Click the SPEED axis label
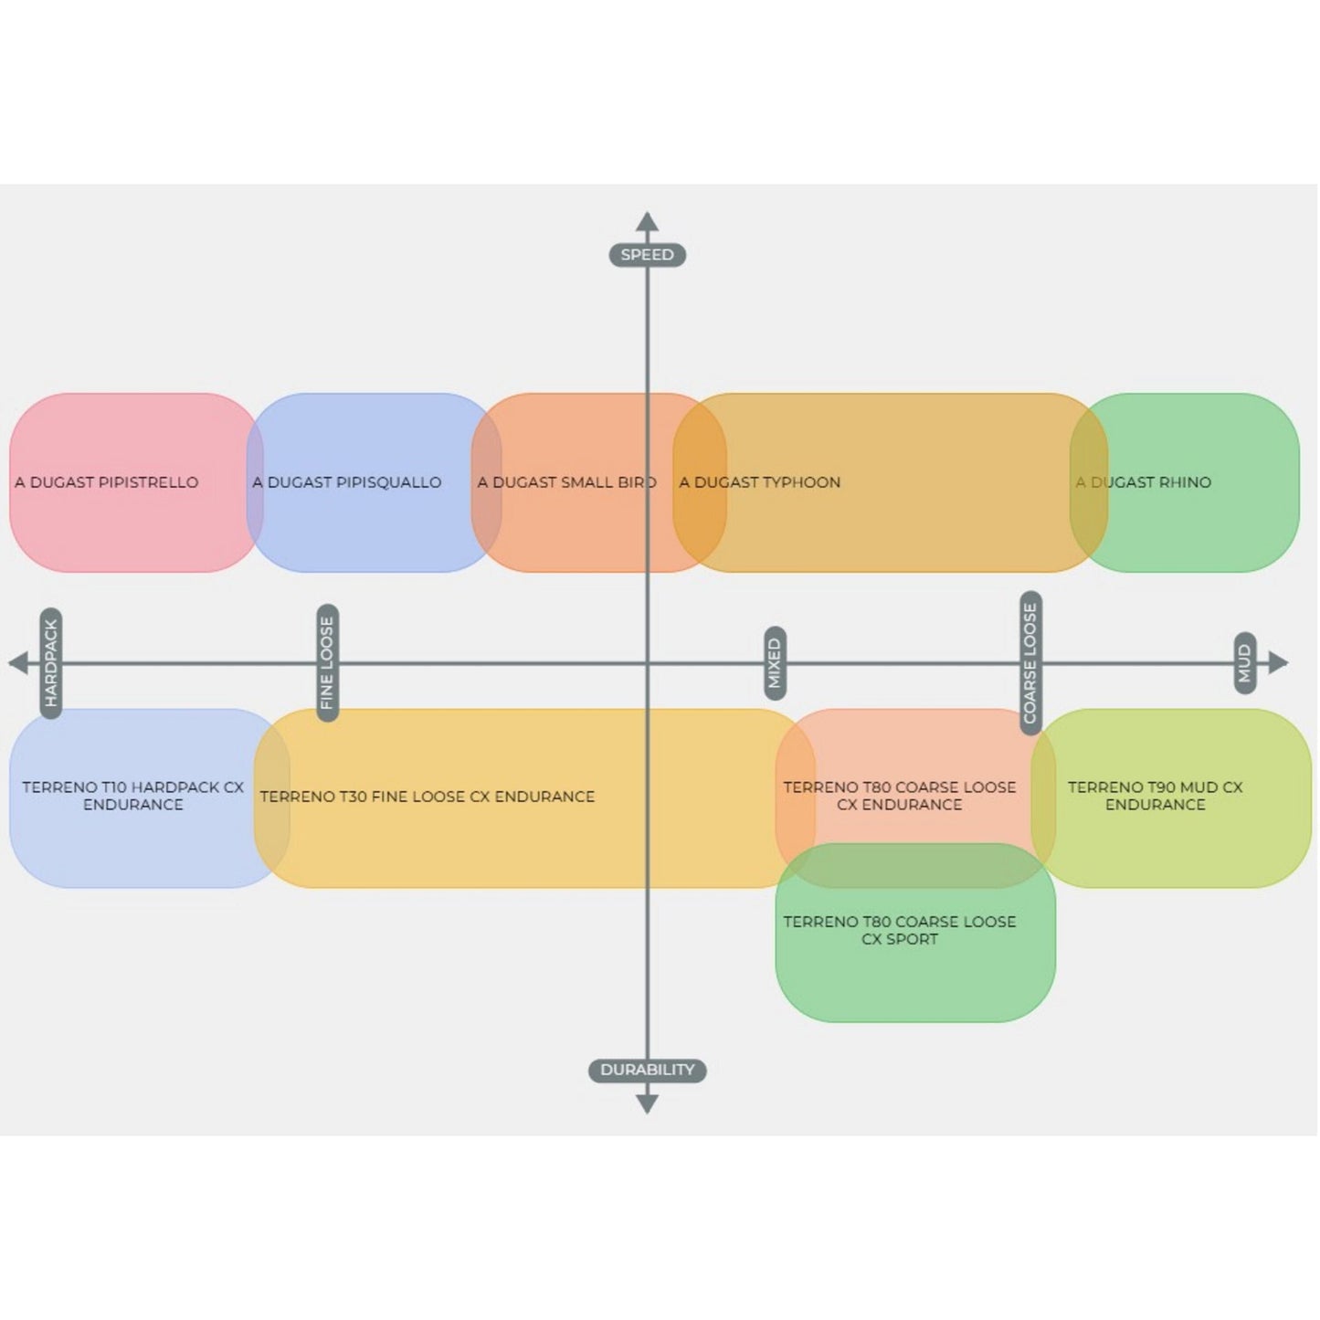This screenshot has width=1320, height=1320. tap(647, 255)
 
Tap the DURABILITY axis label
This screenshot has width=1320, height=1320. tap(647, 1070)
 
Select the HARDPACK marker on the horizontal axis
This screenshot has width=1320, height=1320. tap(51, 662)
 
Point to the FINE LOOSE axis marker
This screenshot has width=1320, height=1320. tap(327, 662)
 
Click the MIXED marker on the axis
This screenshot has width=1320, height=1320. tap(775, 663)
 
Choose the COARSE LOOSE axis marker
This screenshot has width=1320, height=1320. tap(1030, 662)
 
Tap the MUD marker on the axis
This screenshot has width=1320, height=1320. tap(1244, 663)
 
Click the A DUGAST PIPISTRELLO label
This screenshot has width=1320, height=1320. tap(107, 482)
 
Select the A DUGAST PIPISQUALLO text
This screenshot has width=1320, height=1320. tap(347, 482)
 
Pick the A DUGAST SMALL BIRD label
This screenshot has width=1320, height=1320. tap(566, 482)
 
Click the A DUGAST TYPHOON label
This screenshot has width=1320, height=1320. tap(760, 482)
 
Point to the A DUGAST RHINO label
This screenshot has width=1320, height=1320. tap(1144, 482)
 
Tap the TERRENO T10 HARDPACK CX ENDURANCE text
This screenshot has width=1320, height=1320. tap(133, 796)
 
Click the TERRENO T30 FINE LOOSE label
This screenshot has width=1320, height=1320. tap(428, 797)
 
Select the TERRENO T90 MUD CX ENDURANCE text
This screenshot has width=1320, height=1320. tap(1156, 796)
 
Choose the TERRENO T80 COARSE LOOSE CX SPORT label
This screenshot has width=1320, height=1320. tap(900, 930)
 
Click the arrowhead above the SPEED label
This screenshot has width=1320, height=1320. tap(647, 222)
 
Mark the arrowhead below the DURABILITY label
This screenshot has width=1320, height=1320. tap(647, 1104)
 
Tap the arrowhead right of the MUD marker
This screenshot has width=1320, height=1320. tap(1278, 662)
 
